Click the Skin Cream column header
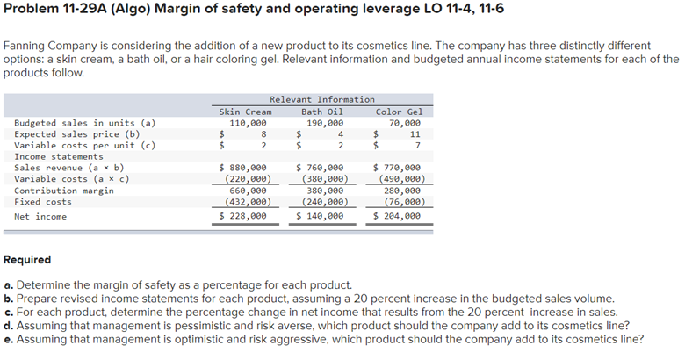[x=245, y=112]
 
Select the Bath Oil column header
[x=322, y=112]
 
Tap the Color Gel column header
[x=399, y=112]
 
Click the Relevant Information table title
[x=321, y=99]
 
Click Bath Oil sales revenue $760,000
[x=321, y=167]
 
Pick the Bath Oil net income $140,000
[x=321, y=215]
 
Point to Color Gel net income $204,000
[x=397, y=215]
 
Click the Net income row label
[x=40, y=215]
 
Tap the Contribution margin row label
[x=64, y=190]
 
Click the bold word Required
[x=27, y=260]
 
